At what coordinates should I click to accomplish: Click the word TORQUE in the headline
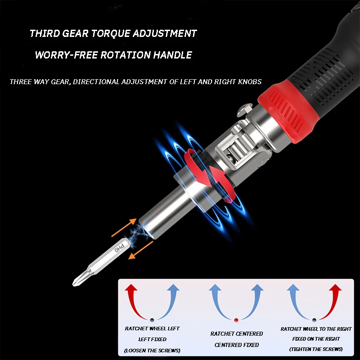[x=111, y=33]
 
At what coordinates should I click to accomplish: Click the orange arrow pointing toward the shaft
[x=124, y=228]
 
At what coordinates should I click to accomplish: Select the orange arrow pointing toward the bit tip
[x=140, y=250]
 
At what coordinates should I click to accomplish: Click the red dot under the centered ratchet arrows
[x=236, y=320]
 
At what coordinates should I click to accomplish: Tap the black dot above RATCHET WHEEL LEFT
[x=152, y=319]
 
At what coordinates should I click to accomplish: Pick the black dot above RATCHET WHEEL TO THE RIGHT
[x=314, y=320]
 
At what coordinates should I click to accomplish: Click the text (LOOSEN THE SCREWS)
[x=152, y=351]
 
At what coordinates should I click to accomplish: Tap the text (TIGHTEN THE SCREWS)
[x=316, y=349]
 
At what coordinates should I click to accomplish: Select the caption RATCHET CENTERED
[x=237, y=333]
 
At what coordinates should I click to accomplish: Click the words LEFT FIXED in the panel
[x=152, y=339]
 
